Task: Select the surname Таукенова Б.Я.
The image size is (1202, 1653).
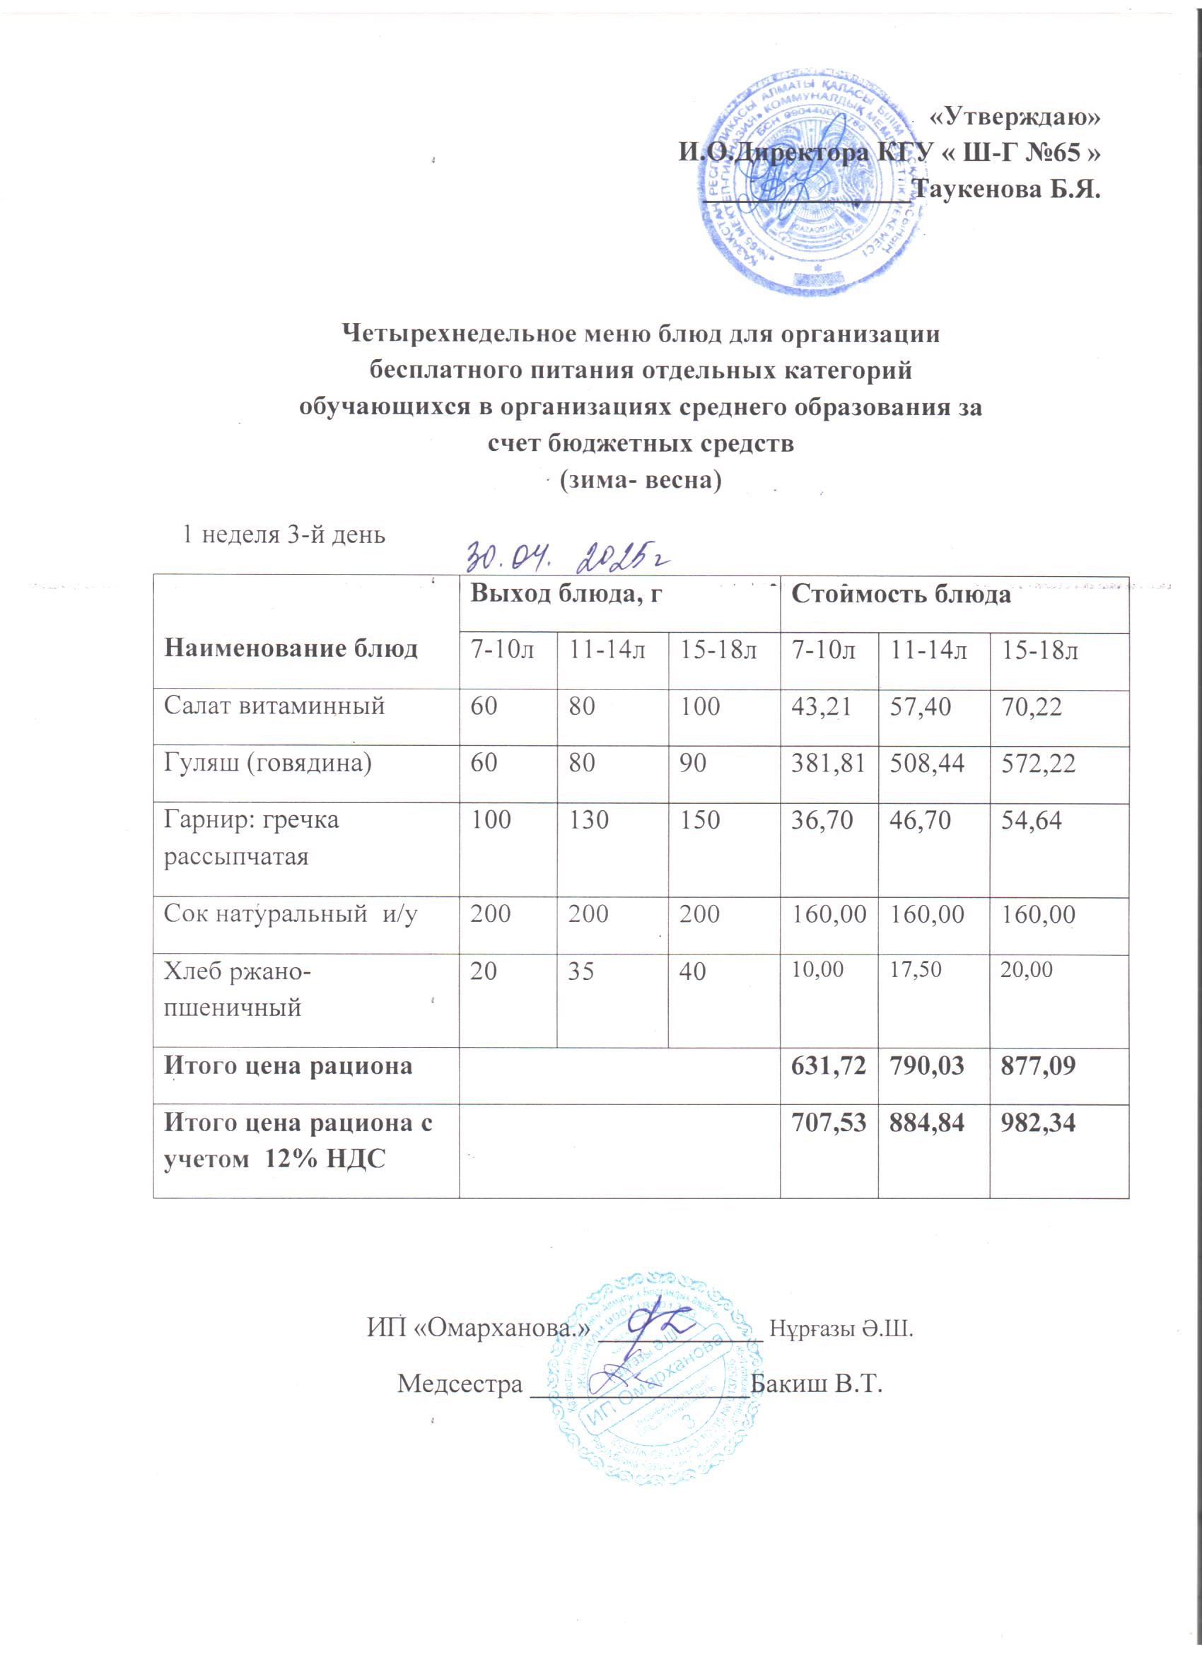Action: (1007, 190)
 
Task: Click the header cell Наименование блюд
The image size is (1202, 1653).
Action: (291, 648)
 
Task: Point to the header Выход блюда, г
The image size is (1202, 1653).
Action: (566, 595)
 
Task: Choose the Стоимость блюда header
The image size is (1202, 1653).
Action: (901, 595)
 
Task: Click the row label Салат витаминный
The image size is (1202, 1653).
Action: (274, 706)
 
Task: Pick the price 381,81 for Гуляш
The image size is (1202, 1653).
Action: (828, 763)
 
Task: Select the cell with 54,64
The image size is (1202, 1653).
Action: (1031, 821)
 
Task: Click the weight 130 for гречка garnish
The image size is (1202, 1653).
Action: (589, 821)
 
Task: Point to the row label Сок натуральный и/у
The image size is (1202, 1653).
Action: (290, 914)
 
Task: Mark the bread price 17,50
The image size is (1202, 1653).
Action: (914, 969)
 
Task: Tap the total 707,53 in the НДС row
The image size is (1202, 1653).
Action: (828, 1123)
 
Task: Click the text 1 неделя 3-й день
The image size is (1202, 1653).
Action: (284, 535)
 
